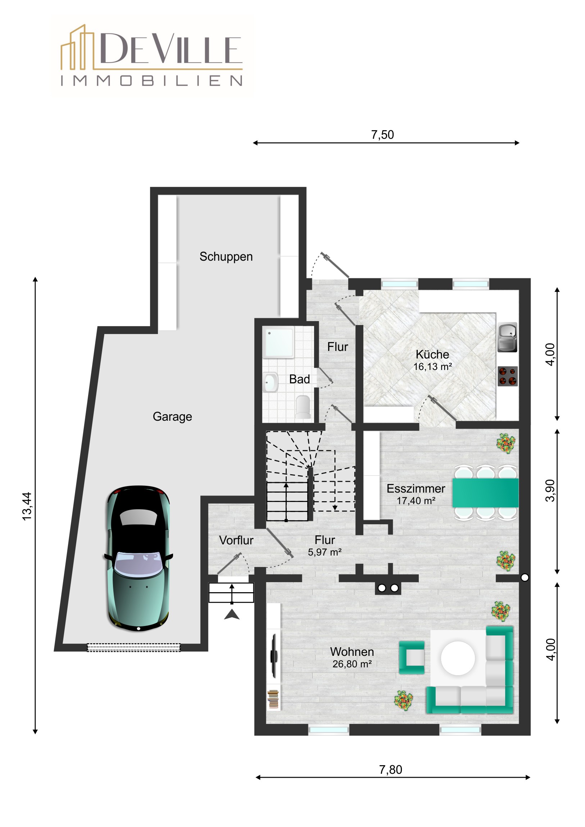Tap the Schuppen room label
[x=226, y=256]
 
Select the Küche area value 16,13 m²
[x=432, y=367]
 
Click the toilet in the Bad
[x=304, y=407]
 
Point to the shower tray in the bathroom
[x=278, y=343]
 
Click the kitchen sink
[x=508, y=337]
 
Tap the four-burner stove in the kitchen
[x=508, y=376]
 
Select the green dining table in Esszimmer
[x=485, y=493]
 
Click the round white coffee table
[x=458, y=658]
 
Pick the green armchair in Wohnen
[x=412, y=657]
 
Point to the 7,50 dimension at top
[x=382, y=135]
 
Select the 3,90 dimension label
[x=550, y=490]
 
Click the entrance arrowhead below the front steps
[x=232, y=614]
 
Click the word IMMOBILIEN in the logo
[x=151, y=81]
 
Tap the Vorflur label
[x=236, y=540]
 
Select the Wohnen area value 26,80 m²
[x=352, y=664]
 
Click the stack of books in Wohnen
[x=273, y=699]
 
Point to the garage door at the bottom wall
[x=133, y=647]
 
